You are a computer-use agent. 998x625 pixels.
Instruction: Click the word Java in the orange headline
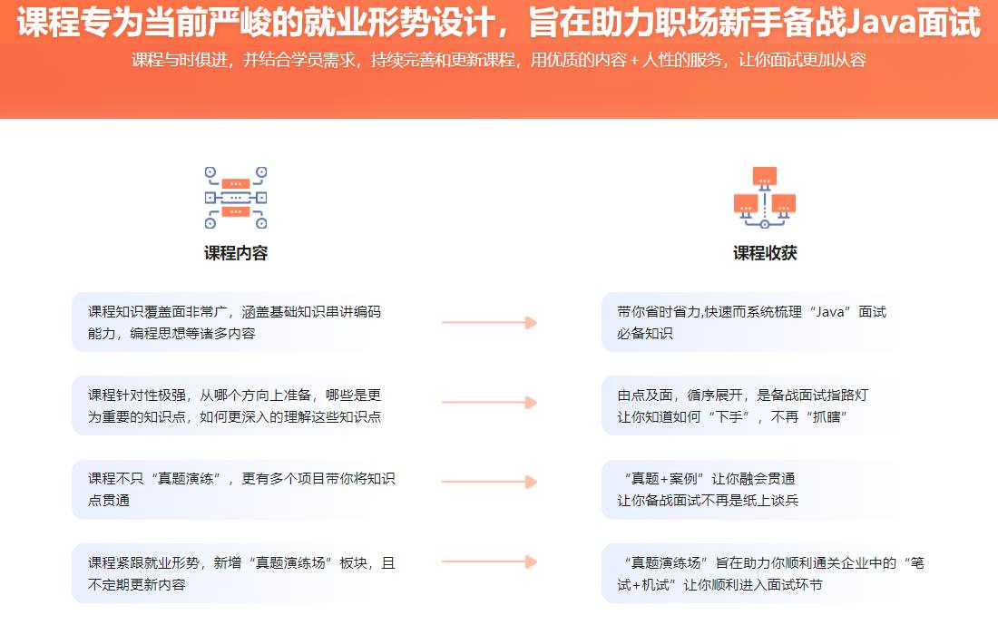pyautogui.click(x=878, y=22)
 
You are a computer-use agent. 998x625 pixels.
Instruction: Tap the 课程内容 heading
pyautogui.click(x=236, y=253)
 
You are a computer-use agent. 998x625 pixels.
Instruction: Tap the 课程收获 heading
pyautogui.click(x=765, y=253)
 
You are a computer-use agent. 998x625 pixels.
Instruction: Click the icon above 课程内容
pyautogui.click(x=236, y=197)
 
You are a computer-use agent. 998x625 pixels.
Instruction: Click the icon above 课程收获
pyautogui.click(x=764, y=197)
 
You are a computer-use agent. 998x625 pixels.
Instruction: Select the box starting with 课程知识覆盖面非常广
pyautogui.click(x=236, y=322)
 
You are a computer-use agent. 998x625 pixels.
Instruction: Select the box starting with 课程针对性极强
pyautogui.click(x=236, y=405)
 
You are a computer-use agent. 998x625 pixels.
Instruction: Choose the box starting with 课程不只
pyautogui.click(x=236, y=489)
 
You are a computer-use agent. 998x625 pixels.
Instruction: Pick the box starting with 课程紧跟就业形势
pyautogui.click(x=236, y=573)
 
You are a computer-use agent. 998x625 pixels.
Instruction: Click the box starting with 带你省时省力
pyautogui.click(x=753, y=322)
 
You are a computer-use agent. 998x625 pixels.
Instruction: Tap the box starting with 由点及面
pyautogui.click(x=753, y=405)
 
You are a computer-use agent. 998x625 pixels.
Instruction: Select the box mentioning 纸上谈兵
pyautogui.click(x=753, y=489)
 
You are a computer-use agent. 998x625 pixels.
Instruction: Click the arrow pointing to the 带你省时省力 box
pyautogui.click(x=489, y=322)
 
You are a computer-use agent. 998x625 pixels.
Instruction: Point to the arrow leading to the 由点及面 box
pyautogui.click(x=489, y=402)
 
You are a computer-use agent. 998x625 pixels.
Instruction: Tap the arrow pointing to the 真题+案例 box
pyautogui.click(x=489, y=482)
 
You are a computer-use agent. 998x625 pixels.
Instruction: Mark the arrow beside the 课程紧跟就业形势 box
pyautogui.click(x=489, y=562)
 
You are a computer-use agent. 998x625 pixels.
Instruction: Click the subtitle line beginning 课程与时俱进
pyautogui.click(x=498, y=61)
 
